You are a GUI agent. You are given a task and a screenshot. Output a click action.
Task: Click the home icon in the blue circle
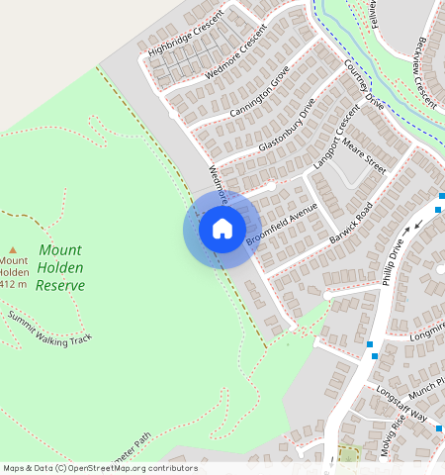click(222, 230)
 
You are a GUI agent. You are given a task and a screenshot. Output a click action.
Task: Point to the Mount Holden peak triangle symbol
click(13, 250)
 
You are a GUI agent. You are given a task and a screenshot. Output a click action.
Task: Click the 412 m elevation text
click(14, 285)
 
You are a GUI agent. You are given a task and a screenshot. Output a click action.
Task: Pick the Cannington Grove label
click(258, 92)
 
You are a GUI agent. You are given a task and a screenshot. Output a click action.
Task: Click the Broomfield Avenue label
click(282, 227)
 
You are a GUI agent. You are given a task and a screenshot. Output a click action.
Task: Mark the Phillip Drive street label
click(394, 261)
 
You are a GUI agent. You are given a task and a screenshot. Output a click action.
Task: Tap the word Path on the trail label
click(143, 438)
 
